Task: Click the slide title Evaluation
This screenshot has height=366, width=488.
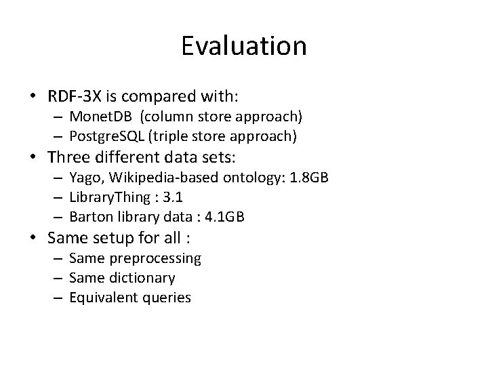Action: tap(244, 46)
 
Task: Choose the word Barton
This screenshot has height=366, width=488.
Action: tap(89, 217)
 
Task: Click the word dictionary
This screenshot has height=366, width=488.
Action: tap(142, 278)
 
